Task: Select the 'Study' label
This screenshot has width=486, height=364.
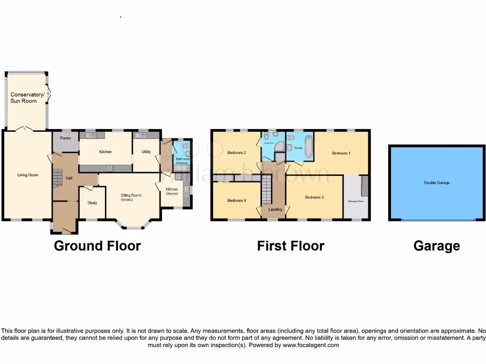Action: pyautogui.click(x=92, y=203)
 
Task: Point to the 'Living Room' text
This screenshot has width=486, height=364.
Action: pyautogui.click(x=28, y=175)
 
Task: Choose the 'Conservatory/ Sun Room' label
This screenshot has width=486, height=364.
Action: pyautogui.click(x=28, y=98)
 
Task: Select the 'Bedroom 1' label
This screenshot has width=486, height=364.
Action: pyautogui.click(x=341, y=153)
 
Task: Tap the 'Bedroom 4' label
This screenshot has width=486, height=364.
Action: pyautogui.click(x=237, y=200)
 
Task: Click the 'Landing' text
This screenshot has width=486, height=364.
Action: pyautogui.click(x=275, y=209)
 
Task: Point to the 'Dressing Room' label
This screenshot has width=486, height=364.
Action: pyautogui.click(x=356, y=201)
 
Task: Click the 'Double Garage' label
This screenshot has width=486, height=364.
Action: pyautogui.click(x=437, y=182)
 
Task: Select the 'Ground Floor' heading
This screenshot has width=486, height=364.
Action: pyautogui.click(x=97, y=246)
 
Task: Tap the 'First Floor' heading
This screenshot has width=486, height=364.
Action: pyautogui.click(x=290, y=246)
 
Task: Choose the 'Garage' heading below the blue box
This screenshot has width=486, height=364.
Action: pyautogui.click(x=437, y=246)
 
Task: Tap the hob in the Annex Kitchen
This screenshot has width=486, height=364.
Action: pyautogui.click(x=179, y=177)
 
